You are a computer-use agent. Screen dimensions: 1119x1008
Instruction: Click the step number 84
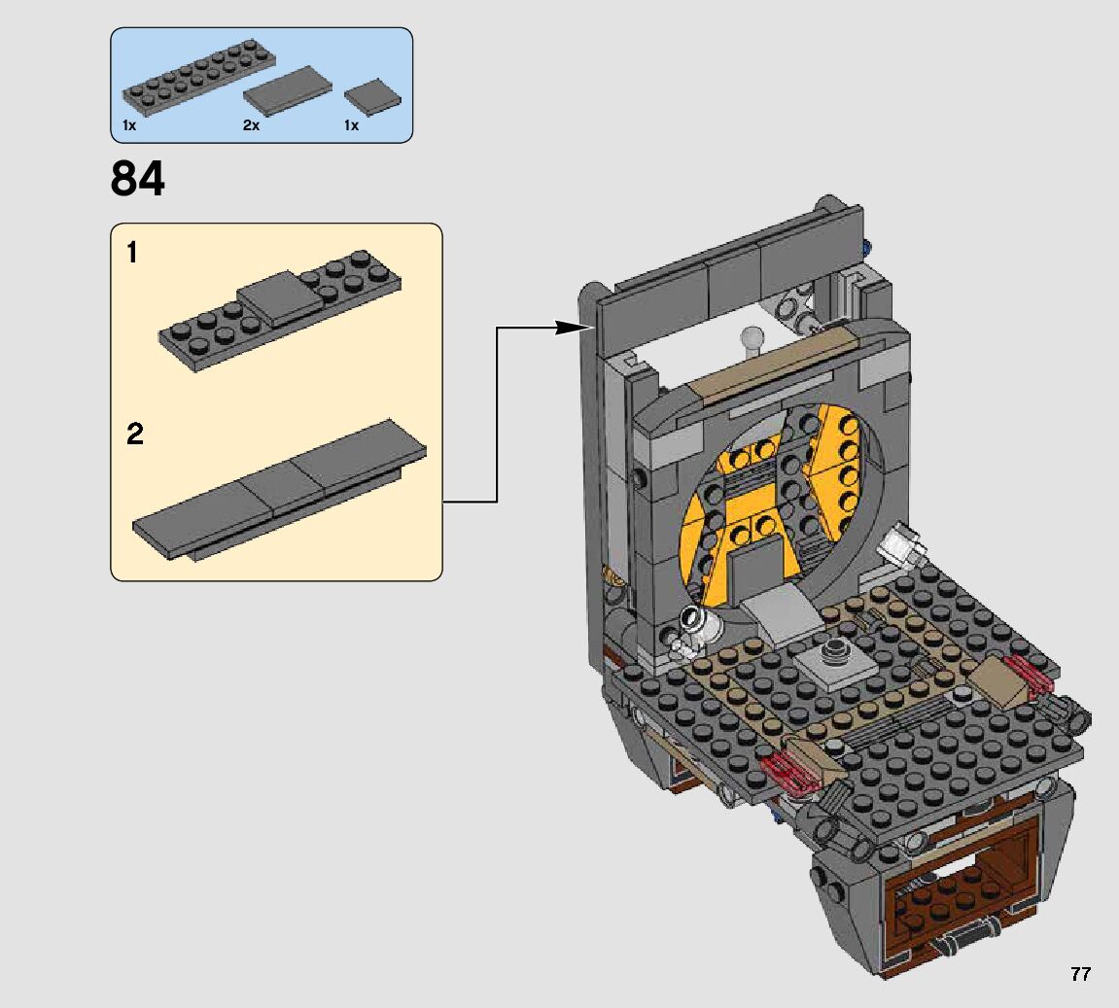tap(138, 178)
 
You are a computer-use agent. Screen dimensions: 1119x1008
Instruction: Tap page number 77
tap(1080, 974)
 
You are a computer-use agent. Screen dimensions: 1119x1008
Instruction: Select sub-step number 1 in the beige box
tap(132, 253)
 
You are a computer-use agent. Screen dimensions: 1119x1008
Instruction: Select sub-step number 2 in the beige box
tap(135, 434)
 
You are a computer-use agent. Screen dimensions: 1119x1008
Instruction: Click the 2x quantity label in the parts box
tap(251, 124)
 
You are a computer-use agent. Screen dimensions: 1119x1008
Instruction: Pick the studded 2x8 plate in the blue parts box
tap(200, 78)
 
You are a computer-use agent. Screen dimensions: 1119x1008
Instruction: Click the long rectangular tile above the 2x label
tap(288, 91)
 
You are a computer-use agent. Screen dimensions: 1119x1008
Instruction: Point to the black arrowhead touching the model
tap(574, 328)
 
